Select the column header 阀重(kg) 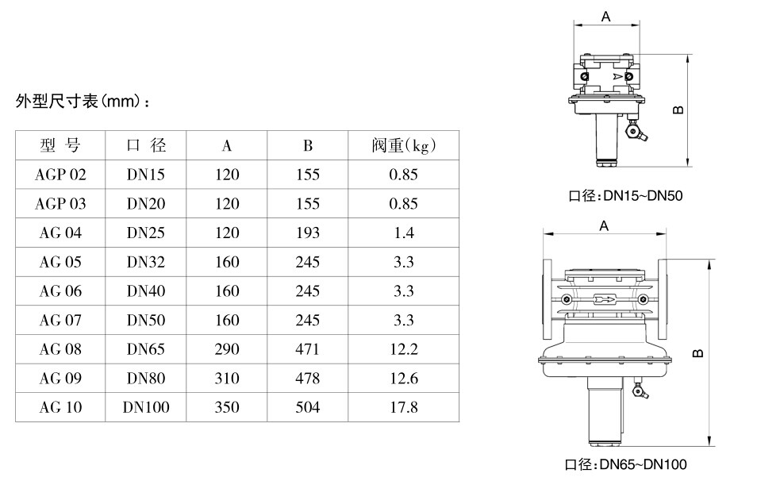click(x=404, y=145)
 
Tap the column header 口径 click(x=146, y=145)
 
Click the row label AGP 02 click(x=60, y=175)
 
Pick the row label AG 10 click(x=60, y=407)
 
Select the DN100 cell click(x=146, y=407)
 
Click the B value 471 click(x=308, y=348)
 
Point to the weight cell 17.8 click(x=404, y=407)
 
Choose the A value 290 click(x=227, y=348)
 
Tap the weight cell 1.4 click(x=404, y=233)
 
